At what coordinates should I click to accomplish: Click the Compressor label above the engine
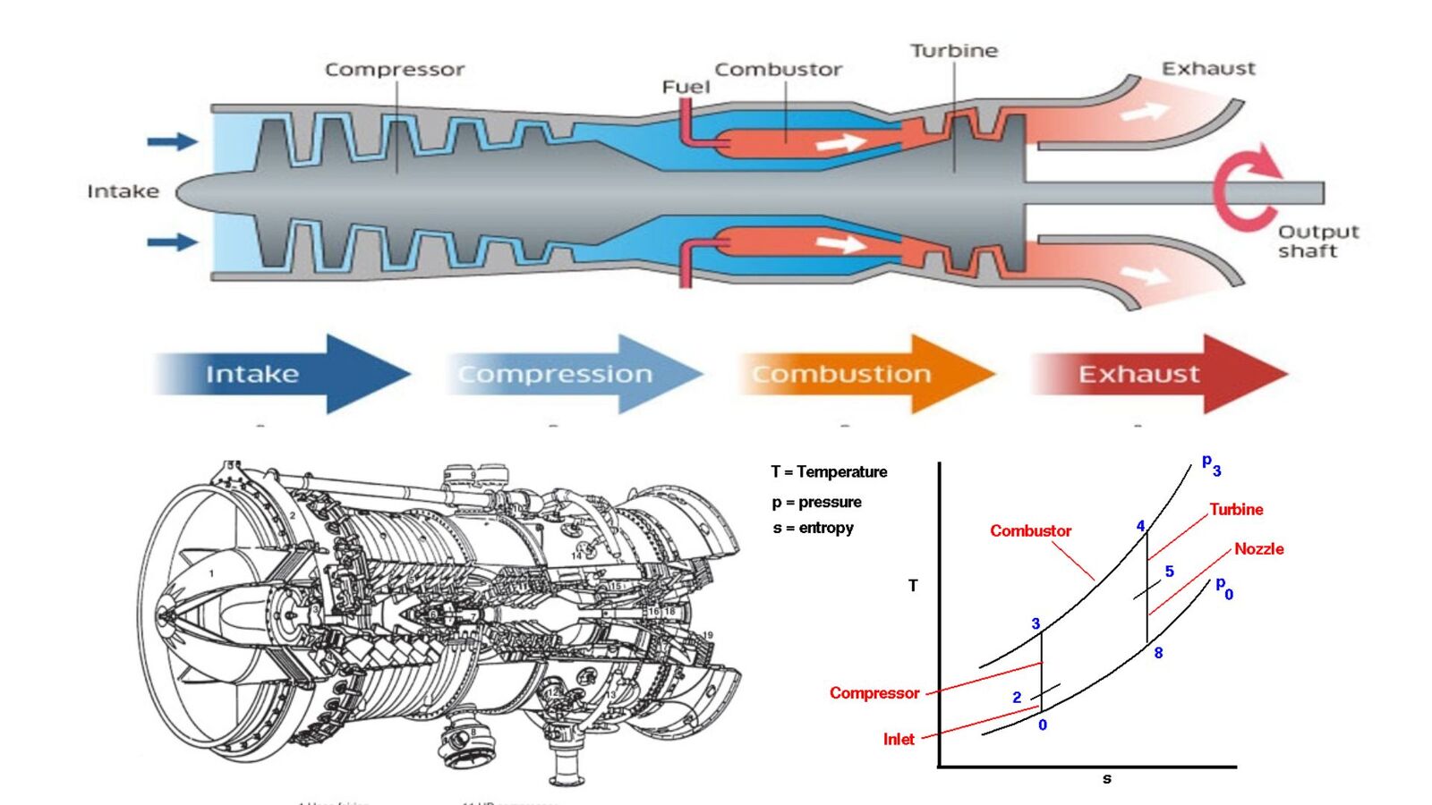click(x=395, y=70)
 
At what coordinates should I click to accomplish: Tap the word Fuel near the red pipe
click(x=686, y=87)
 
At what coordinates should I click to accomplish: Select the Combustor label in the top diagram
click(x=778, y=70)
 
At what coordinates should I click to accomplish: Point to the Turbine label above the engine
click(x=954, y=51)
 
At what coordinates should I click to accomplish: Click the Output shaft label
click(x=1317, y=241)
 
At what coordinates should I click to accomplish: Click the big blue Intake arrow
click(x=282, y=374)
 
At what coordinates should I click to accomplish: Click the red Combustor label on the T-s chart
click(x=1030, y=530)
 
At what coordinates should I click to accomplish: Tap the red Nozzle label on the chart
click(x=1258, y=549)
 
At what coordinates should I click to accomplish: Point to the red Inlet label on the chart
click(x=899, y=739)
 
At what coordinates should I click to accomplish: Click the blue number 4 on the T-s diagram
click(x=1140, y=526)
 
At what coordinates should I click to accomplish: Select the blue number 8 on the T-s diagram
click(x=1158, y=653)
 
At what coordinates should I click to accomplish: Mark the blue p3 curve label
click(x=1210, y=464)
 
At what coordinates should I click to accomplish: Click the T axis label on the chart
click(x=913, y=586)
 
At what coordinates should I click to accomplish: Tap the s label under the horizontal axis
click(x=1107, y=779)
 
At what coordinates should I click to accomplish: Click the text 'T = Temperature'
click(x=829, y=471)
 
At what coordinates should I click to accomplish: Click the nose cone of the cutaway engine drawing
click(x=170, y=614)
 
